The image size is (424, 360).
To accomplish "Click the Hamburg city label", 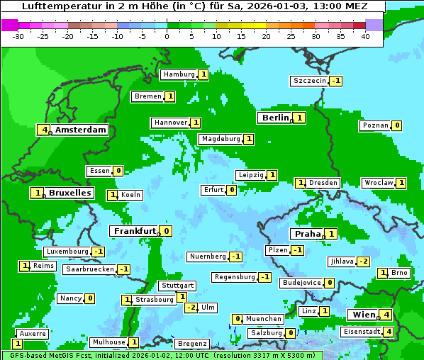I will (x=179, y=74).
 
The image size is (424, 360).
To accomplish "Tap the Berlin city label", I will (x=275, y=118).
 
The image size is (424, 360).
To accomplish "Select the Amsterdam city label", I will (x=80, y=130).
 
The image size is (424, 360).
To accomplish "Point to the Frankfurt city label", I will (x=134, y=231).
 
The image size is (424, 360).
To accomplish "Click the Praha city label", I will (x=308, y=234).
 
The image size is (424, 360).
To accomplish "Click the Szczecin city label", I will (x=310, y=81).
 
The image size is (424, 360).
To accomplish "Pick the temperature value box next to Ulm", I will (x=191, y=308).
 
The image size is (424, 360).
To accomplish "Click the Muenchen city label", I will (x=264, y=319).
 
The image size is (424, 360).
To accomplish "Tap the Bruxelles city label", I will (x=69, y=193).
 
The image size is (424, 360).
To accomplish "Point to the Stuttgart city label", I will (x=177, y=286).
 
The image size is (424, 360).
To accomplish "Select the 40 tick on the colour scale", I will (x=365, y=36).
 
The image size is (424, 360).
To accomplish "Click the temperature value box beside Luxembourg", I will (x=99, y=252).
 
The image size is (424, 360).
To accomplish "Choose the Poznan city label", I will (x=375, y=126).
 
